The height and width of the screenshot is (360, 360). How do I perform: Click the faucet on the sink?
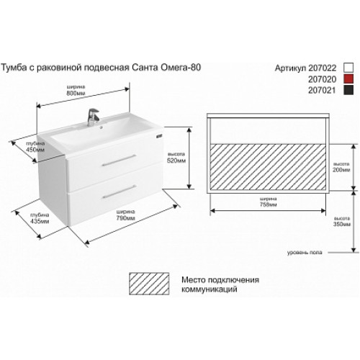93,117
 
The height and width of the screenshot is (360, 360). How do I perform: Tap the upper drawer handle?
119,160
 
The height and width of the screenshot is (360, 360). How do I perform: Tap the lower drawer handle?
120,192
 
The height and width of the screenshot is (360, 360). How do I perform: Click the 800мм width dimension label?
76,90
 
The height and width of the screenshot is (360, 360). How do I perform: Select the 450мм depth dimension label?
35,147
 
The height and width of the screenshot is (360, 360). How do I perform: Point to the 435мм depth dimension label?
40,218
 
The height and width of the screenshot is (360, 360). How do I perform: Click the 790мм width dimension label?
126,215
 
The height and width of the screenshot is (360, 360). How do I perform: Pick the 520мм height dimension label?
176,158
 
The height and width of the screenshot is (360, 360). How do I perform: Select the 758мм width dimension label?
268,202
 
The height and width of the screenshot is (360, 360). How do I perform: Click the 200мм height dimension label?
341,167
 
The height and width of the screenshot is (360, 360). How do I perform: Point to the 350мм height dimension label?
342,222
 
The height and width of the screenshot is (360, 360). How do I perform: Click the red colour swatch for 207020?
348,79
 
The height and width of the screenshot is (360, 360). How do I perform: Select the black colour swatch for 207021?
348,90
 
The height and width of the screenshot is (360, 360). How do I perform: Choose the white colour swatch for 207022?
348,68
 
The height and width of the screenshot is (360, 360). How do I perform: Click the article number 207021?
322,90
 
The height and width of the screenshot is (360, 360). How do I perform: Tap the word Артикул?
290,68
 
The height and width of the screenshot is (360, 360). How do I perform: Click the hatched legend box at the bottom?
149,284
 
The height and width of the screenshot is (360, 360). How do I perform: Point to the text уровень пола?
305,253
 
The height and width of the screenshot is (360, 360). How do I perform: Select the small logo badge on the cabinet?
159,136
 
